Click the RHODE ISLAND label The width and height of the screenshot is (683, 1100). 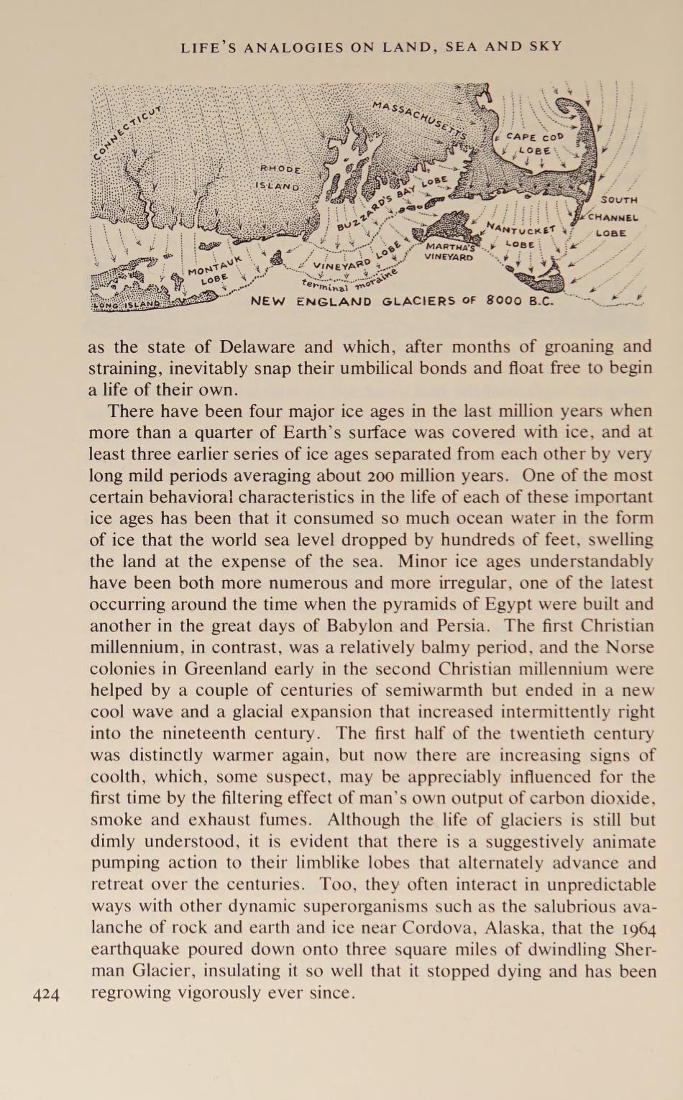279,177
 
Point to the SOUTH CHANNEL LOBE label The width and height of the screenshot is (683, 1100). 613,216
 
